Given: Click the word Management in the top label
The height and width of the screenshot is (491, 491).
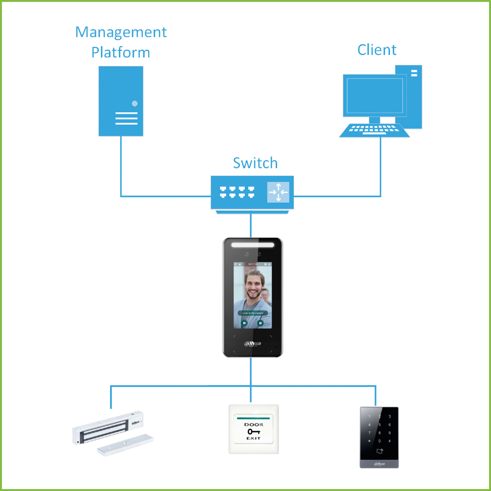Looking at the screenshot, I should [x=121, y=33].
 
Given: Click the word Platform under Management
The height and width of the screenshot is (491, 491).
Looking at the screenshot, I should [x=121, y=52].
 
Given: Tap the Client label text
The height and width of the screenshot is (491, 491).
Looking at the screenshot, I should [x=377, y=50].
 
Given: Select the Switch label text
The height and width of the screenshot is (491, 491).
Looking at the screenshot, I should [x=255, y=163].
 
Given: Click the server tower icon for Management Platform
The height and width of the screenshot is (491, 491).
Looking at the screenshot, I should [x=121, y=101].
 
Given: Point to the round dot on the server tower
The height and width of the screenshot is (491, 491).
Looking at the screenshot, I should [x=135, y=103].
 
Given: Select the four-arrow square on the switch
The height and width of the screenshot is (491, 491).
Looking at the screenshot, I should [x=279, y=192].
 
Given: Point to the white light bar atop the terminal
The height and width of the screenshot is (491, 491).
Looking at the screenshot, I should [x=253, y=245].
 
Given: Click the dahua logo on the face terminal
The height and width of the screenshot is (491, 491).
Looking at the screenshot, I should [x=252, y=343].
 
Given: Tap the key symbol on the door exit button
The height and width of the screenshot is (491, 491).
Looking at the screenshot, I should [x=253, y=432].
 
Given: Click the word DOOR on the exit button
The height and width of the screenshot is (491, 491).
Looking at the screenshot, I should [x=254, y=425].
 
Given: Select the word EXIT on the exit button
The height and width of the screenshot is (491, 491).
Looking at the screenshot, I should [x=253, y=438].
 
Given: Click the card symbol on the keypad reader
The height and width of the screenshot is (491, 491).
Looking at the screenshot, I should [x=381, y=451].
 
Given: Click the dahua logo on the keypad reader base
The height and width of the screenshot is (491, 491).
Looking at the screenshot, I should [x=379, y=464].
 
